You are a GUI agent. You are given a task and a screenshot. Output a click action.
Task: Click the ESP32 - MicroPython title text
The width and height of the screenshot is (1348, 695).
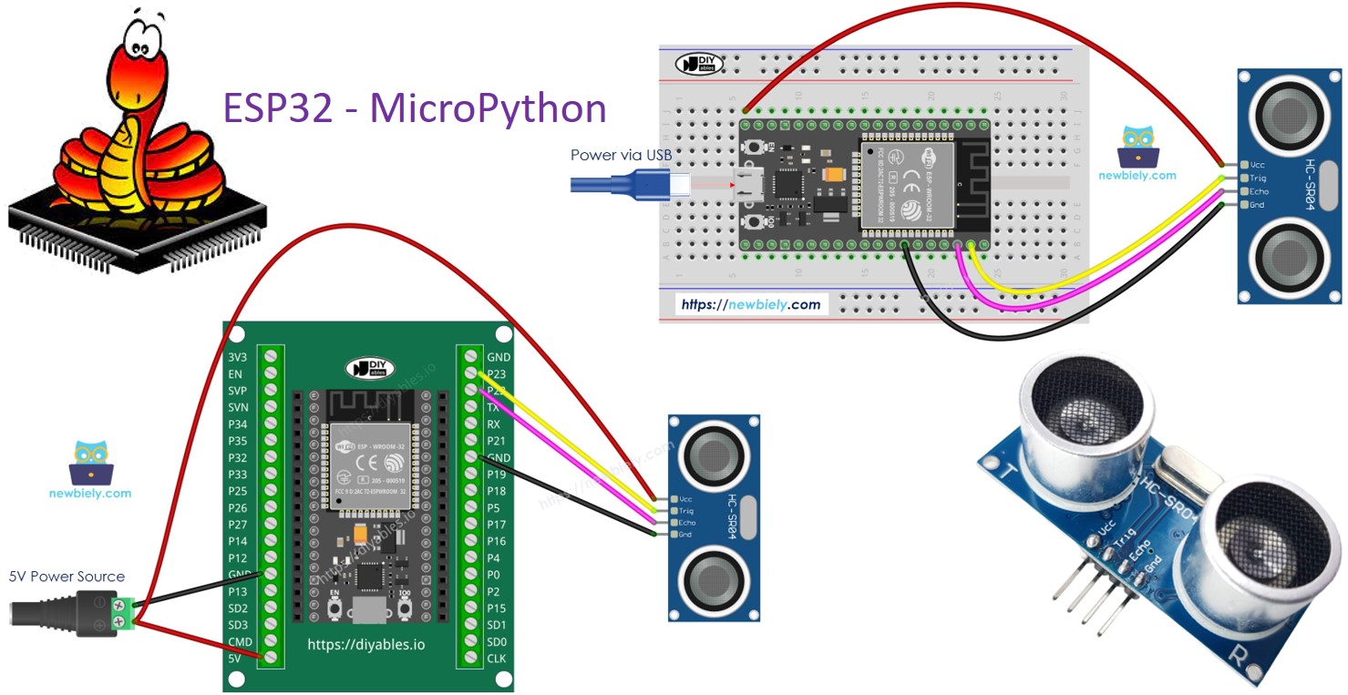coord(415,108)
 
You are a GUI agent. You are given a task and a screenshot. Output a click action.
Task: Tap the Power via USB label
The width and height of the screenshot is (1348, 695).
coord(621,155)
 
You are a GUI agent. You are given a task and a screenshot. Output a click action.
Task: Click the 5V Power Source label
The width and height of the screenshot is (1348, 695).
coord(67,577)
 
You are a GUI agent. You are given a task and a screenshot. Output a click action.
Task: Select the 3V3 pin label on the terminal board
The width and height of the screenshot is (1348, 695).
coord(238,357)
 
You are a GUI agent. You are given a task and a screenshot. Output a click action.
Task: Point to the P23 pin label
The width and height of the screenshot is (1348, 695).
coord(498,374)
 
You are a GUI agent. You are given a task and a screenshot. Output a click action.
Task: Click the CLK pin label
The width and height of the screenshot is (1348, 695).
coord(498,659)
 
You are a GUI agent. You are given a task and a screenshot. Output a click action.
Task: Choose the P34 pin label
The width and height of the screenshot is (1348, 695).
coord(238,424)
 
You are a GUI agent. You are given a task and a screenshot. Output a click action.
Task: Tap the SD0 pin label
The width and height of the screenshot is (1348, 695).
coord(498,641)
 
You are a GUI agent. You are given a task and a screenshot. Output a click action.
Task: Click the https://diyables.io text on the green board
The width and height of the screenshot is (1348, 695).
coord(366,645)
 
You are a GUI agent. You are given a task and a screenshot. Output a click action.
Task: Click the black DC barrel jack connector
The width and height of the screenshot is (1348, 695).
coord(55,611)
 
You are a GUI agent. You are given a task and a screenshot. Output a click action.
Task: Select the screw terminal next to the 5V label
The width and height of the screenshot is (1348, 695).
coord(270,658)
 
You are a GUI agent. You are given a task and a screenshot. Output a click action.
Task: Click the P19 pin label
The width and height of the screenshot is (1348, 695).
coord(498,475)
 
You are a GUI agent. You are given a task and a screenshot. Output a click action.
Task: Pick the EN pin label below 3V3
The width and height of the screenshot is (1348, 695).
coord(235,374)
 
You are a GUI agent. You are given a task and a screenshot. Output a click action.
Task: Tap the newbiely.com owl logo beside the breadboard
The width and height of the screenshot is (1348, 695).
coord(1137,149)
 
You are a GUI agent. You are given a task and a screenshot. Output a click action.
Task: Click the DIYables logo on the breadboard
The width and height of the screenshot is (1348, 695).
coord(699,64)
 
